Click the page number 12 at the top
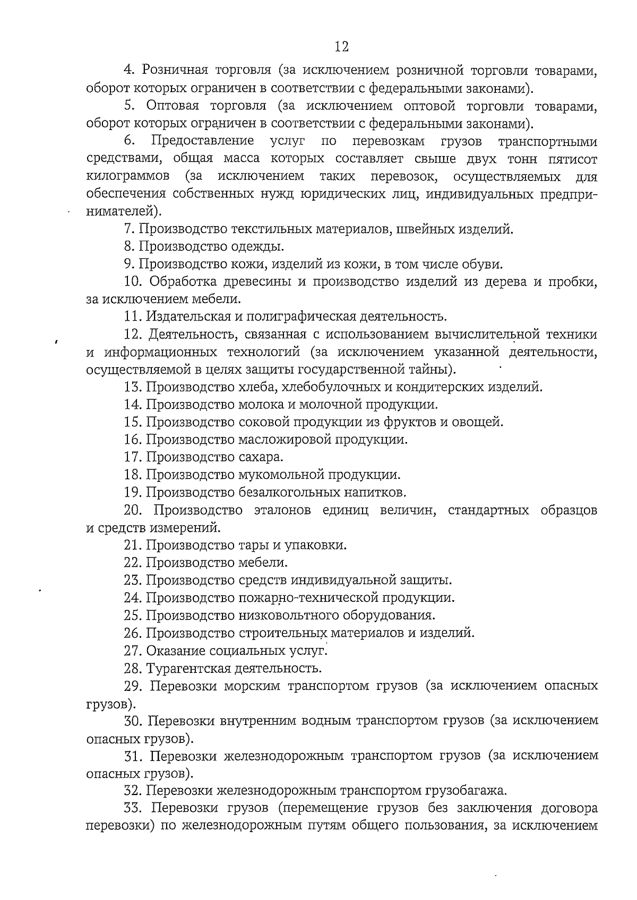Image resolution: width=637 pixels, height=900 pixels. pos(342,47)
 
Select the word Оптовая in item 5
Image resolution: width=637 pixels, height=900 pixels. pos(171,106)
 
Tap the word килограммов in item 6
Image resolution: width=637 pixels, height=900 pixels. pos(128,176)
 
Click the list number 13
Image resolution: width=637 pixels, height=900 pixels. pos(133,387)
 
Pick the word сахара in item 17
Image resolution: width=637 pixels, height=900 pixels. pos(260,457)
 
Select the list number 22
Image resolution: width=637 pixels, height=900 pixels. pos(133,562)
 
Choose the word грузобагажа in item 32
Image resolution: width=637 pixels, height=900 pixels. pos(465,791)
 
